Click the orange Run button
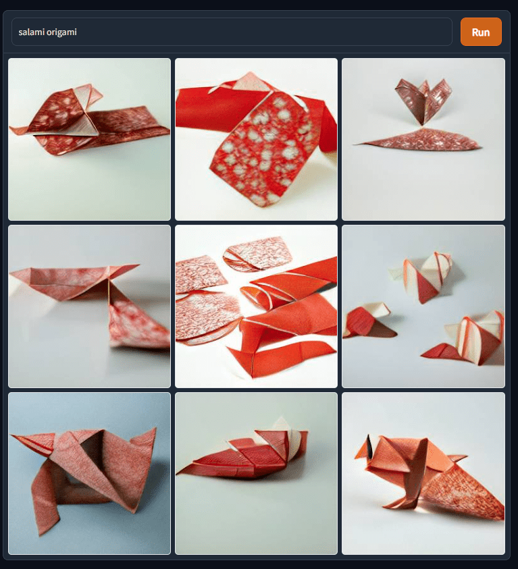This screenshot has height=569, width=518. tap(481, 32)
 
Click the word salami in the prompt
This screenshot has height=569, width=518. tap(32, 32)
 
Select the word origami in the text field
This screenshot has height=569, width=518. tap(62, 32)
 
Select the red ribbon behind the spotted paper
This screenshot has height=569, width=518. tap(203, 108)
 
